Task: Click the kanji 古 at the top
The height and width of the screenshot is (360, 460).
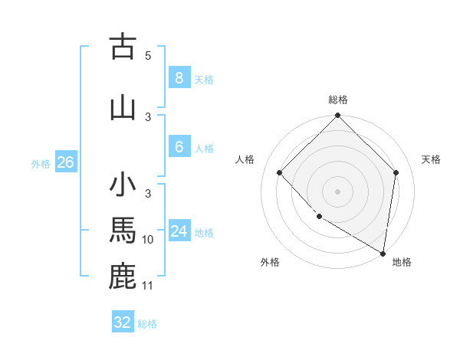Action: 123,47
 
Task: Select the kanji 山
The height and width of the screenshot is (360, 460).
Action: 123,107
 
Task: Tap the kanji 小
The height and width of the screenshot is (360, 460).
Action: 123,186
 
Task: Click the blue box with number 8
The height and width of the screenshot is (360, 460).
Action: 179,78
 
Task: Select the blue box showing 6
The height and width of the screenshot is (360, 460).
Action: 179,147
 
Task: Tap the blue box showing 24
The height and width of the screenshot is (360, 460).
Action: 179,231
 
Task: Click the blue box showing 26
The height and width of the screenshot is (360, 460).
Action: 65,162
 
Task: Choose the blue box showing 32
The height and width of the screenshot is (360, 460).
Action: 123,322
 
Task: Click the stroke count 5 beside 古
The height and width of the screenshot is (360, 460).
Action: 148,56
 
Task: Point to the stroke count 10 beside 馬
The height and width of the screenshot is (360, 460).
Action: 148,240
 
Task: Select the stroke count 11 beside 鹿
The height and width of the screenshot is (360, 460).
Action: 148,286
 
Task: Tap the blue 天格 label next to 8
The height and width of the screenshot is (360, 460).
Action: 204,80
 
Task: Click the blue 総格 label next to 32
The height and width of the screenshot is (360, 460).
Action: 147,324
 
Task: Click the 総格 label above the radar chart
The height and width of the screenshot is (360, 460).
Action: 338,100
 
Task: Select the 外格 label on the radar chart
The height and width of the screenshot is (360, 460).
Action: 270,262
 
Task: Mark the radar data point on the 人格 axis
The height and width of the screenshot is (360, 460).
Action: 280,173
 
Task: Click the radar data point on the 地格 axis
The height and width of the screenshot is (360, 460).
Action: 383,253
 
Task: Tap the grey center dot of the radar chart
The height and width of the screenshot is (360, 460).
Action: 338,191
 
